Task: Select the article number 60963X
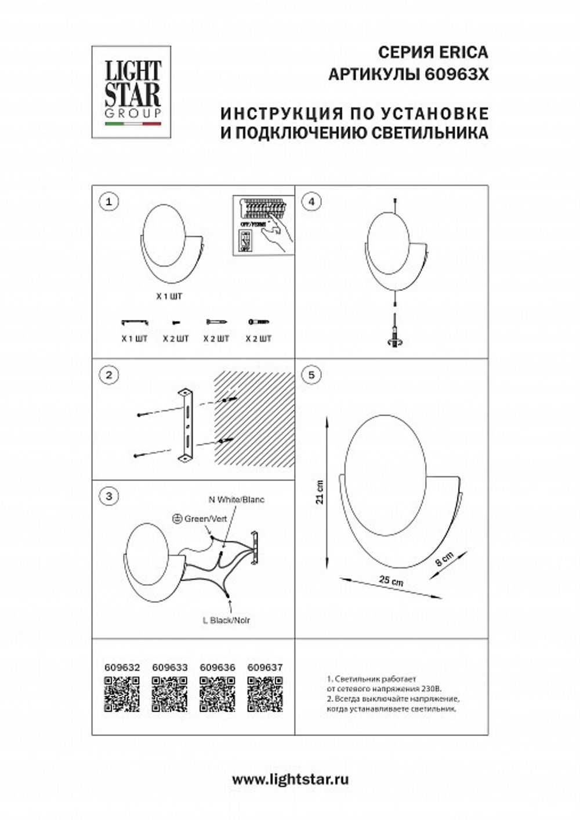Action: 455,75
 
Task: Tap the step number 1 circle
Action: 108,202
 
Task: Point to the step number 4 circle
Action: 312,202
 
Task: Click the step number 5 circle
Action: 312,375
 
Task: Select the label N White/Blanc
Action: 236,499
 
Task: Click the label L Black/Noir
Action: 227,620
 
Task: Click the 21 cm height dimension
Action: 320,493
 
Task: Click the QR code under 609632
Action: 122,694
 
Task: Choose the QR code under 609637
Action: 265,694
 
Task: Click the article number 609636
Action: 217,667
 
